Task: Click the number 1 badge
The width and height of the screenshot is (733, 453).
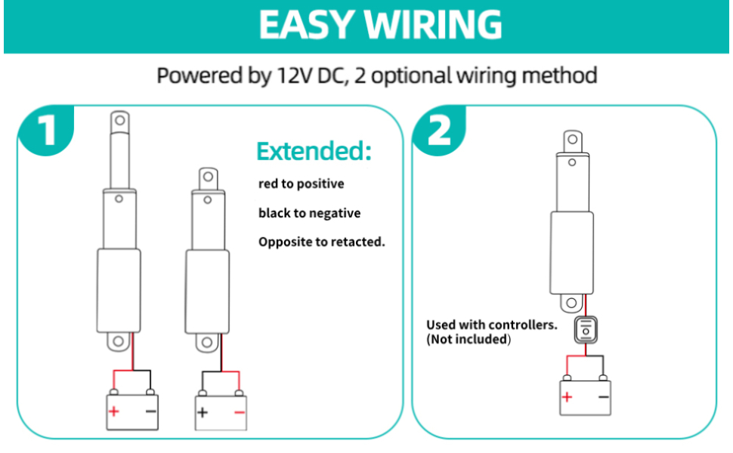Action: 46,131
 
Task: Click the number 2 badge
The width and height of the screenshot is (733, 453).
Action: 440,131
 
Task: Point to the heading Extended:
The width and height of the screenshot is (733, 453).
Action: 314,151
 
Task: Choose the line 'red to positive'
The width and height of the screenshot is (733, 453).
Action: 301,183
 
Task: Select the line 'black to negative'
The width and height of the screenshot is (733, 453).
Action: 310,213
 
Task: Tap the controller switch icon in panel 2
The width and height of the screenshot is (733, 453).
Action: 586,330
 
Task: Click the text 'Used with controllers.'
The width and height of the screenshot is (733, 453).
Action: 492,325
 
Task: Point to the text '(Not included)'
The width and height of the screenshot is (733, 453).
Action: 469,339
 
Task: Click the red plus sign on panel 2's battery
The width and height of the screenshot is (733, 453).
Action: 567,397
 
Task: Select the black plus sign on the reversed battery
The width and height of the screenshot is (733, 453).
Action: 203,412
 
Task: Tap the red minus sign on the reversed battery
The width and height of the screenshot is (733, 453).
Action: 240,412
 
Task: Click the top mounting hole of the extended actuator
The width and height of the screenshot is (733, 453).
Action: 119,121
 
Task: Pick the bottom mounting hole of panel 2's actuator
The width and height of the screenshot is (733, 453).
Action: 571,303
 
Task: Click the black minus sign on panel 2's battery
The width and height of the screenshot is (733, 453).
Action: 604,397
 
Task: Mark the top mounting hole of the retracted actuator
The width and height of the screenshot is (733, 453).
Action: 209,177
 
